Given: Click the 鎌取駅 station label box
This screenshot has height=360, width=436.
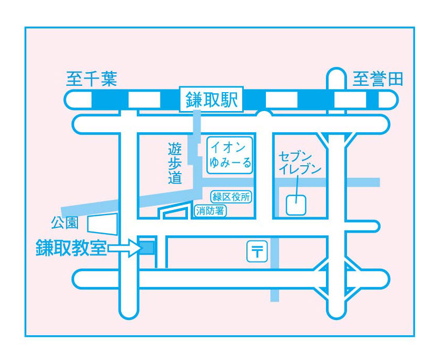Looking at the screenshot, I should click(x=212, y=99).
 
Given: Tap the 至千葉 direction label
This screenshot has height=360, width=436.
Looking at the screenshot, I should click(x=91, y=79).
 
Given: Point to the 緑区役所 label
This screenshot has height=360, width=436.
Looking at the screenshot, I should click(x=231, y=197).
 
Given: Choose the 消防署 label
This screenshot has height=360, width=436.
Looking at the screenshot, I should click(x=210, y=212).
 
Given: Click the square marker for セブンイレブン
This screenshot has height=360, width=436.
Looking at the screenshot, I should click(x=296, y=205).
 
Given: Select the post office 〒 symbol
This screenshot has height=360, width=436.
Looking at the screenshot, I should click(x=257, y=251).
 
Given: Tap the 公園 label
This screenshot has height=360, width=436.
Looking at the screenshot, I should click(x=64, y=223).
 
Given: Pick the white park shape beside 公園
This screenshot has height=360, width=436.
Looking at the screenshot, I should click(x=102, y=224).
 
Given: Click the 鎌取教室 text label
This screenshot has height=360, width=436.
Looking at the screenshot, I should click(x=71, y=248).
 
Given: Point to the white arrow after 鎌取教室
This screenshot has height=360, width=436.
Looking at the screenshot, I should click(x=124, y=248).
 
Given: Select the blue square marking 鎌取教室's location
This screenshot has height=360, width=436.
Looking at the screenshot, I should click(x=146, y=247).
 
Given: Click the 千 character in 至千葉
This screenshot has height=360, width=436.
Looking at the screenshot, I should click(x=91, y=79).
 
